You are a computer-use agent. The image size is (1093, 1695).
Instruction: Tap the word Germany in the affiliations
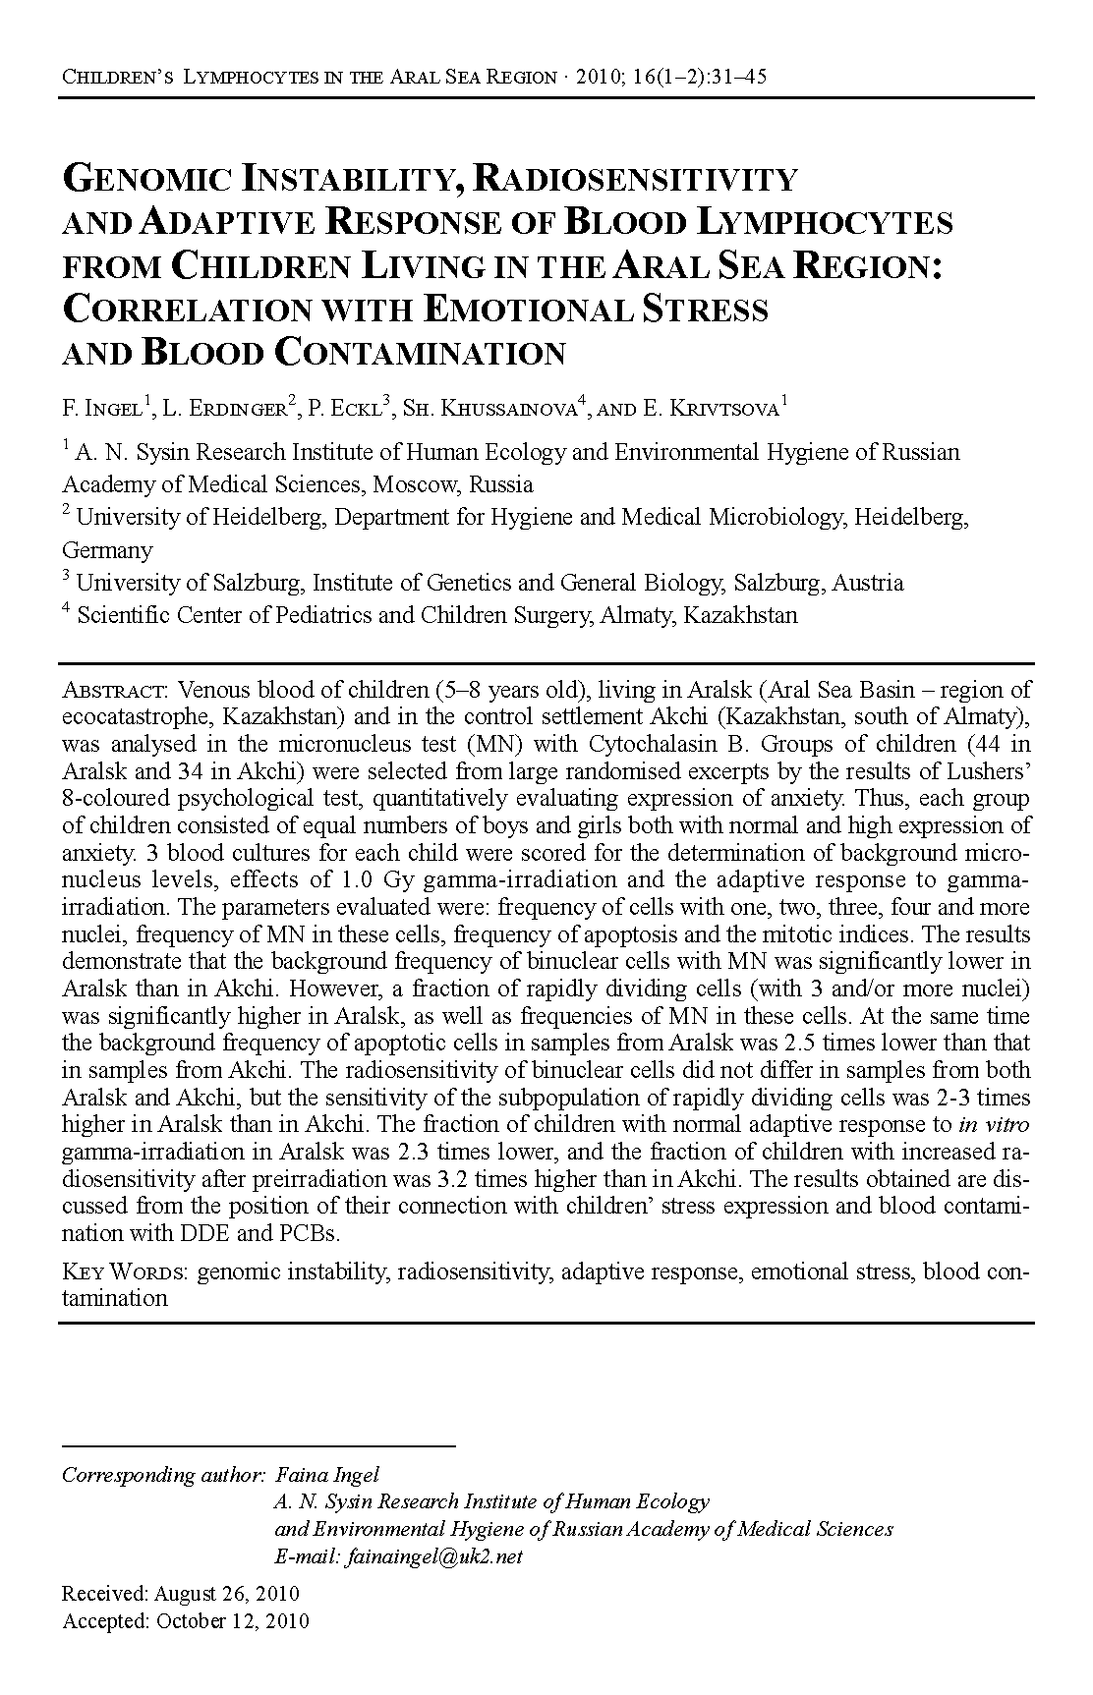[x=107, y=550]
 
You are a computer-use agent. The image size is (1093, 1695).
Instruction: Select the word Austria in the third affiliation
[x=867, y=583]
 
